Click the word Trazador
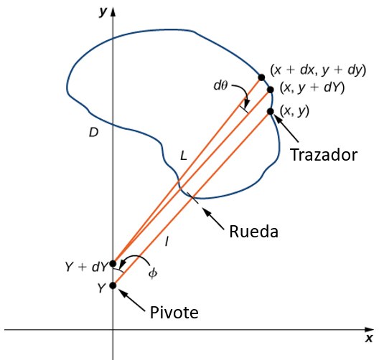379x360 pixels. tap(324, 155)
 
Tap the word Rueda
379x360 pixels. tap(253, 232)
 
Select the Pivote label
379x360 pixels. tap(174, 313)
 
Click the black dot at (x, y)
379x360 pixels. tap(271, 111)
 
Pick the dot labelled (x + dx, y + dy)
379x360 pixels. tap(261, 77)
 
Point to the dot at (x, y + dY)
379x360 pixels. tap(271, 90)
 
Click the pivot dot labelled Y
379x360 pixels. tap(113, 285)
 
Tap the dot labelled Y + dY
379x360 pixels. tap(113, 264)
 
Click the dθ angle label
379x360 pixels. tap(220, 85)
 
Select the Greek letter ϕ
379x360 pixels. tap(152, 273)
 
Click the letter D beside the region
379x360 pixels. tap(94, 133)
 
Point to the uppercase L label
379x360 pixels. tap(184, 156)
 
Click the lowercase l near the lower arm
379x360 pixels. tap(167, 241)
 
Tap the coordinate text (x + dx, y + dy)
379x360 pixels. tap(318, 70)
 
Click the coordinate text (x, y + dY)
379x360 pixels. tap(312, 87)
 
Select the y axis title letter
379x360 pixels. tap(103, 11)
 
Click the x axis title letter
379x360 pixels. tap(369, 338)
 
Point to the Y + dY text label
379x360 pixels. tap(86, 267)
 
